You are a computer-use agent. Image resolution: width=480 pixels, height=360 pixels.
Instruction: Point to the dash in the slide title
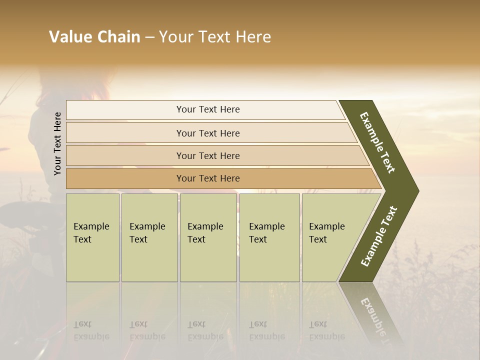point(149,37)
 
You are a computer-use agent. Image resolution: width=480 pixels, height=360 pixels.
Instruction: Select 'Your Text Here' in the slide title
point(215,37)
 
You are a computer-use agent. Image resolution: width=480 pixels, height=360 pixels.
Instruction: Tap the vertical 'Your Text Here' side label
point(57,143)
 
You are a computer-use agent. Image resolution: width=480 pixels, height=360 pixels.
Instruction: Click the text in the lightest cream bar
point(208,109)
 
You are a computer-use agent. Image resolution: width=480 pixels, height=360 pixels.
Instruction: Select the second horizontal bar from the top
point(208,133)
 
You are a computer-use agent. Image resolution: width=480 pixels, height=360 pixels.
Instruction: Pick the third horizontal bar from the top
point(208,155)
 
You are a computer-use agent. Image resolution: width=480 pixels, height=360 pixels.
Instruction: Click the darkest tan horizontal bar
point(208,178)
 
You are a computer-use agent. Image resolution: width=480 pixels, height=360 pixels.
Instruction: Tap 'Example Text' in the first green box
point(91,233)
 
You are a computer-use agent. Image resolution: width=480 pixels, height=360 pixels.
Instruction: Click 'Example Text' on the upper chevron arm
point(378,142)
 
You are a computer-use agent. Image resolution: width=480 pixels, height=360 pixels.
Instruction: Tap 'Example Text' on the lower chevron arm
point(378,236)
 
